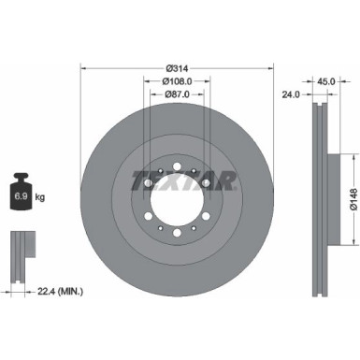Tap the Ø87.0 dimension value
click(178, 95)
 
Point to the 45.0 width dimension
click(326, 80)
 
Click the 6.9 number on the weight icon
click(19, 196)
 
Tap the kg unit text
click(38, 197)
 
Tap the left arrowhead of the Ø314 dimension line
click(84, 66)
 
